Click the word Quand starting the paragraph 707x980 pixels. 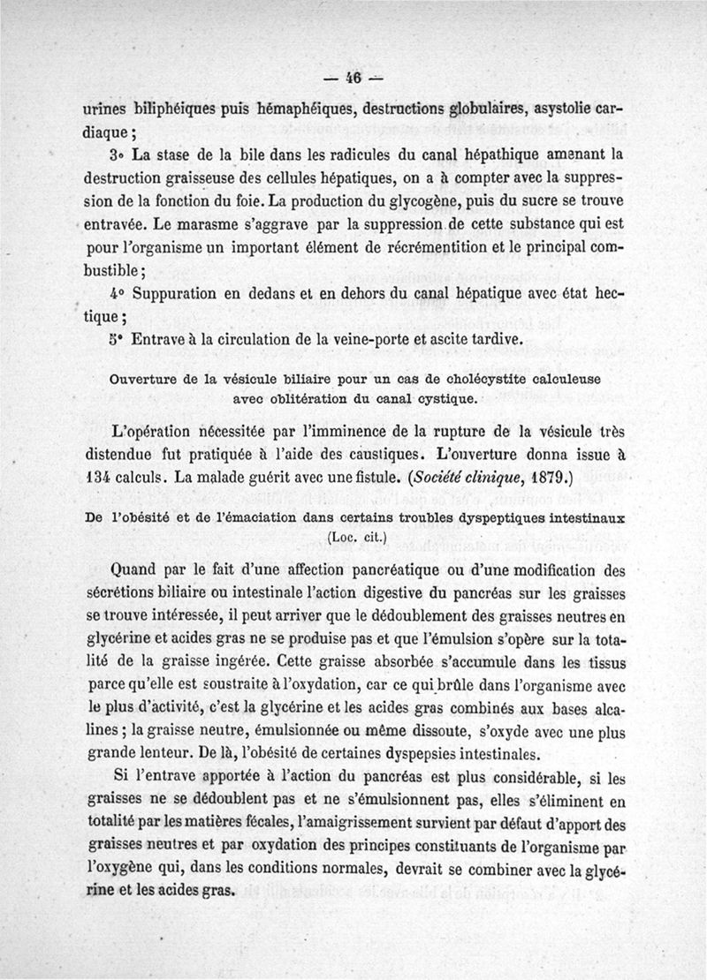(x=142, y=569)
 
